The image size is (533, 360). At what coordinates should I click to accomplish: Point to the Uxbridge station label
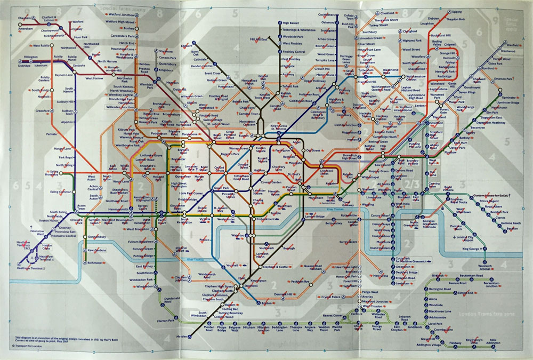[x=24, y=66]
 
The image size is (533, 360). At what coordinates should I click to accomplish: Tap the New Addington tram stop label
[x=492, y=341]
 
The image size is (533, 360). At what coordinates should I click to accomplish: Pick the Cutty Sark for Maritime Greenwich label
[x=413, y=260]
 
